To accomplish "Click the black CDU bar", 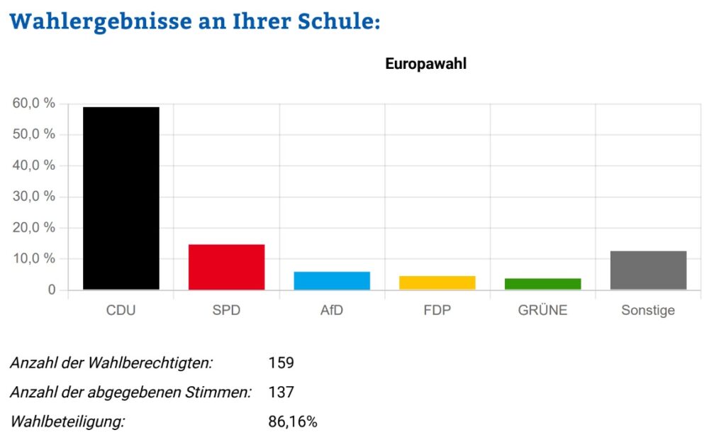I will click(x=121, y=198).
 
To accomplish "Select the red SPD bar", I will click(x=226, y=267).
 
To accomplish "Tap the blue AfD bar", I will click(x=332, y=280).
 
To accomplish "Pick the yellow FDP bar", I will click(x=437, y=282).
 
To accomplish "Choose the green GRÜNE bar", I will click(x=542, y=284).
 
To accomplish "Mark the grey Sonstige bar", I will click(x=648, y=270).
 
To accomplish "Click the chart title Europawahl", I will click(x=425, y=64).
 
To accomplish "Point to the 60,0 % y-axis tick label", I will click(x=34, y=104).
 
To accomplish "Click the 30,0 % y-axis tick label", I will click(x=34, y=197).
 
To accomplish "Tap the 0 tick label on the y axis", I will click(x=50, y=290).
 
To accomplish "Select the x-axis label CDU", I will click(x=121, y=310).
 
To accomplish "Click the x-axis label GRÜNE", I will click(x=542, y=310).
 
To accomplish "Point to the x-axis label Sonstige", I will click(x=648, y=310).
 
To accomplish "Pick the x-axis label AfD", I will click(x=332, y=310).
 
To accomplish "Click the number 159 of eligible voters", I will click(x=281, y=363).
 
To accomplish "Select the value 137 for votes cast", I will click(x=281, y=392).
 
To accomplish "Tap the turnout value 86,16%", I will click(x=293, y=422).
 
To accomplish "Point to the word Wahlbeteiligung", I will click(x=67, y=422).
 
